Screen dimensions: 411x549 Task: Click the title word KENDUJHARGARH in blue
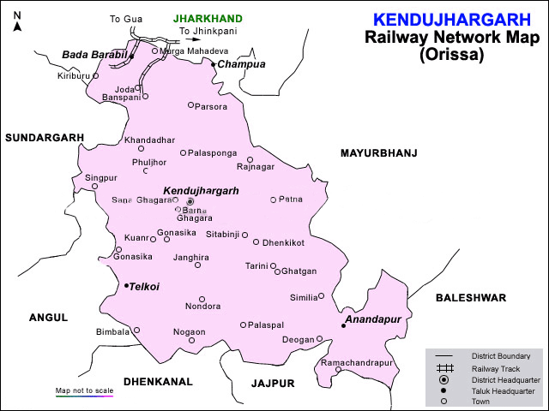[x=445, y=19]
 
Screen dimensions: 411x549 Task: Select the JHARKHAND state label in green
[x=208, y=18]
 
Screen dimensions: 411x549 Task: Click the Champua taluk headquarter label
[x=241, y=64]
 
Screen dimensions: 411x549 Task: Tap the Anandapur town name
[x=372, y=319]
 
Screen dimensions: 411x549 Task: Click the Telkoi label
[x=144, y=287]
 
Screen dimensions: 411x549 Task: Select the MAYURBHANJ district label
[x=378, y=153]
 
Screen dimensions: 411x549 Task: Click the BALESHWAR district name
[x=470, y=298]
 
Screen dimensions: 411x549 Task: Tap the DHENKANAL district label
[x=157, y=381]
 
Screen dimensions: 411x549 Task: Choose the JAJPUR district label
[x=273, y=383]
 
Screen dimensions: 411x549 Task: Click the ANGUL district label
[x=48, y=317]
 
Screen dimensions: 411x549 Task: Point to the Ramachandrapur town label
[x=356, y=363]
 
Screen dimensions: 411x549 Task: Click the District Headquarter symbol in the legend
[x=443, y=379]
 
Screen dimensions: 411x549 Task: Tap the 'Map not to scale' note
[x=84, y=390]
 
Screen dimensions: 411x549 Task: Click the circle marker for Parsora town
[x=191, y=105]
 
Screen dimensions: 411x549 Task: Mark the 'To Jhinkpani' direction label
[x=208, y=32]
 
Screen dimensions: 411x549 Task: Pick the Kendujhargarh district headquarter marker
[x=190, y=201]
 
